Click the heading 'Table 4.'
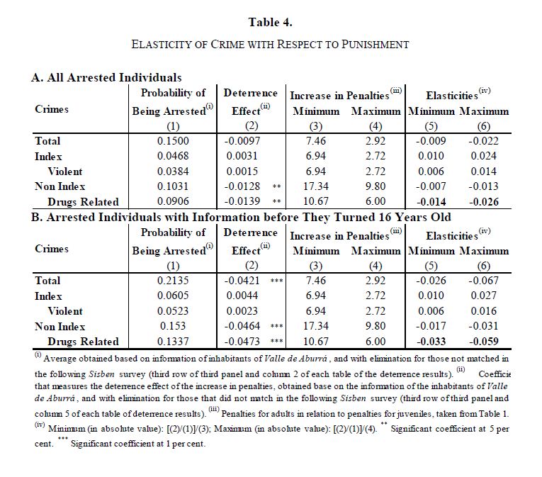(271, 21)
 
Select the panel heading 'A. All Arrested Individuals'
(106, 77)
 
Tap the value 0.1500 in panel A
(173, 141)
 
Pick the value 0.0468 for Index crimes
(173, 156)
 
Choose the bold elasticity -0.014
(431, 202)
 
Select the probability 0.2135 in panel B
(173, 281)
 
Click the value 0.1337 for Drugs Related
(173, 342)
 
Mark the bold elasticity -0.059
(484, 342)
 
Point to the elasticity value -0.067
(484, 281)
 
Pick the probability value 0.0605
(173, 296)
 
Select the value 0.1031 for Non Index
(173, 186)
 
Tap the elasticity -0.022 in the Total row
(484, 141)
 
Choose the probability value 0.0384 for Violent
(173, 172)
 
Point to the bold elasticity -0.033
(431, 342)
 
